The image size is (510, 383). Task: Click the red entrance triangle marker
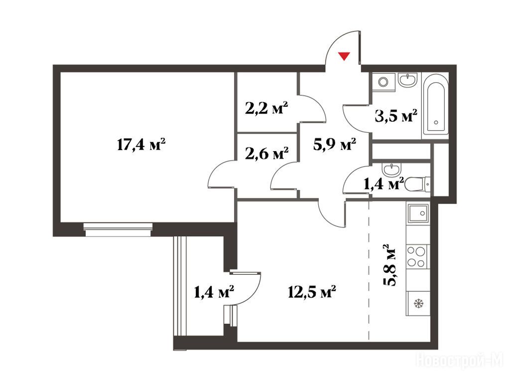(x=344, y=56)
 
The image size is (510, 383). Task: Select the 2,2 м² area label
(x=267, y=108)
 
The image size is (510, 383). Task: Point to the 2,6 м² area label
(x=267, y=153)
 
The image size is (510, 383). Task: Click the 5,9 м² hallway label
(x=335, y=144)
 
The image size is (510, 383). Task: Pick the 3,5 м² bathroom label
(x=396, y=116)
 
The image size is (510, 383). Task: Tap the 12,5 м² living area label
(x=312, y=292)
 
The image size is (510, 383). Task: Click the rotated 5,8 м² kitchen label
(x=389, y=265)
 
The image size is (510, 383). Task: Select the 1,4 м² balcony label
(x=214, y=292)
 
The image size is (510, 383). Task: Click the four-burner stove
(x=417, y=257)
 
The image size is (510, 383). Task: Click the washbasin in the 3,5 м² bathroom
(x=408, y=80)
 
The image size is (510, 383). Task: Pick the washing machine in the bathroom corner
(x=384, y=81)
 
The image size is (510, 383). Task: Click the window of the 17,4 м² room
(x=118, y=229)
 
